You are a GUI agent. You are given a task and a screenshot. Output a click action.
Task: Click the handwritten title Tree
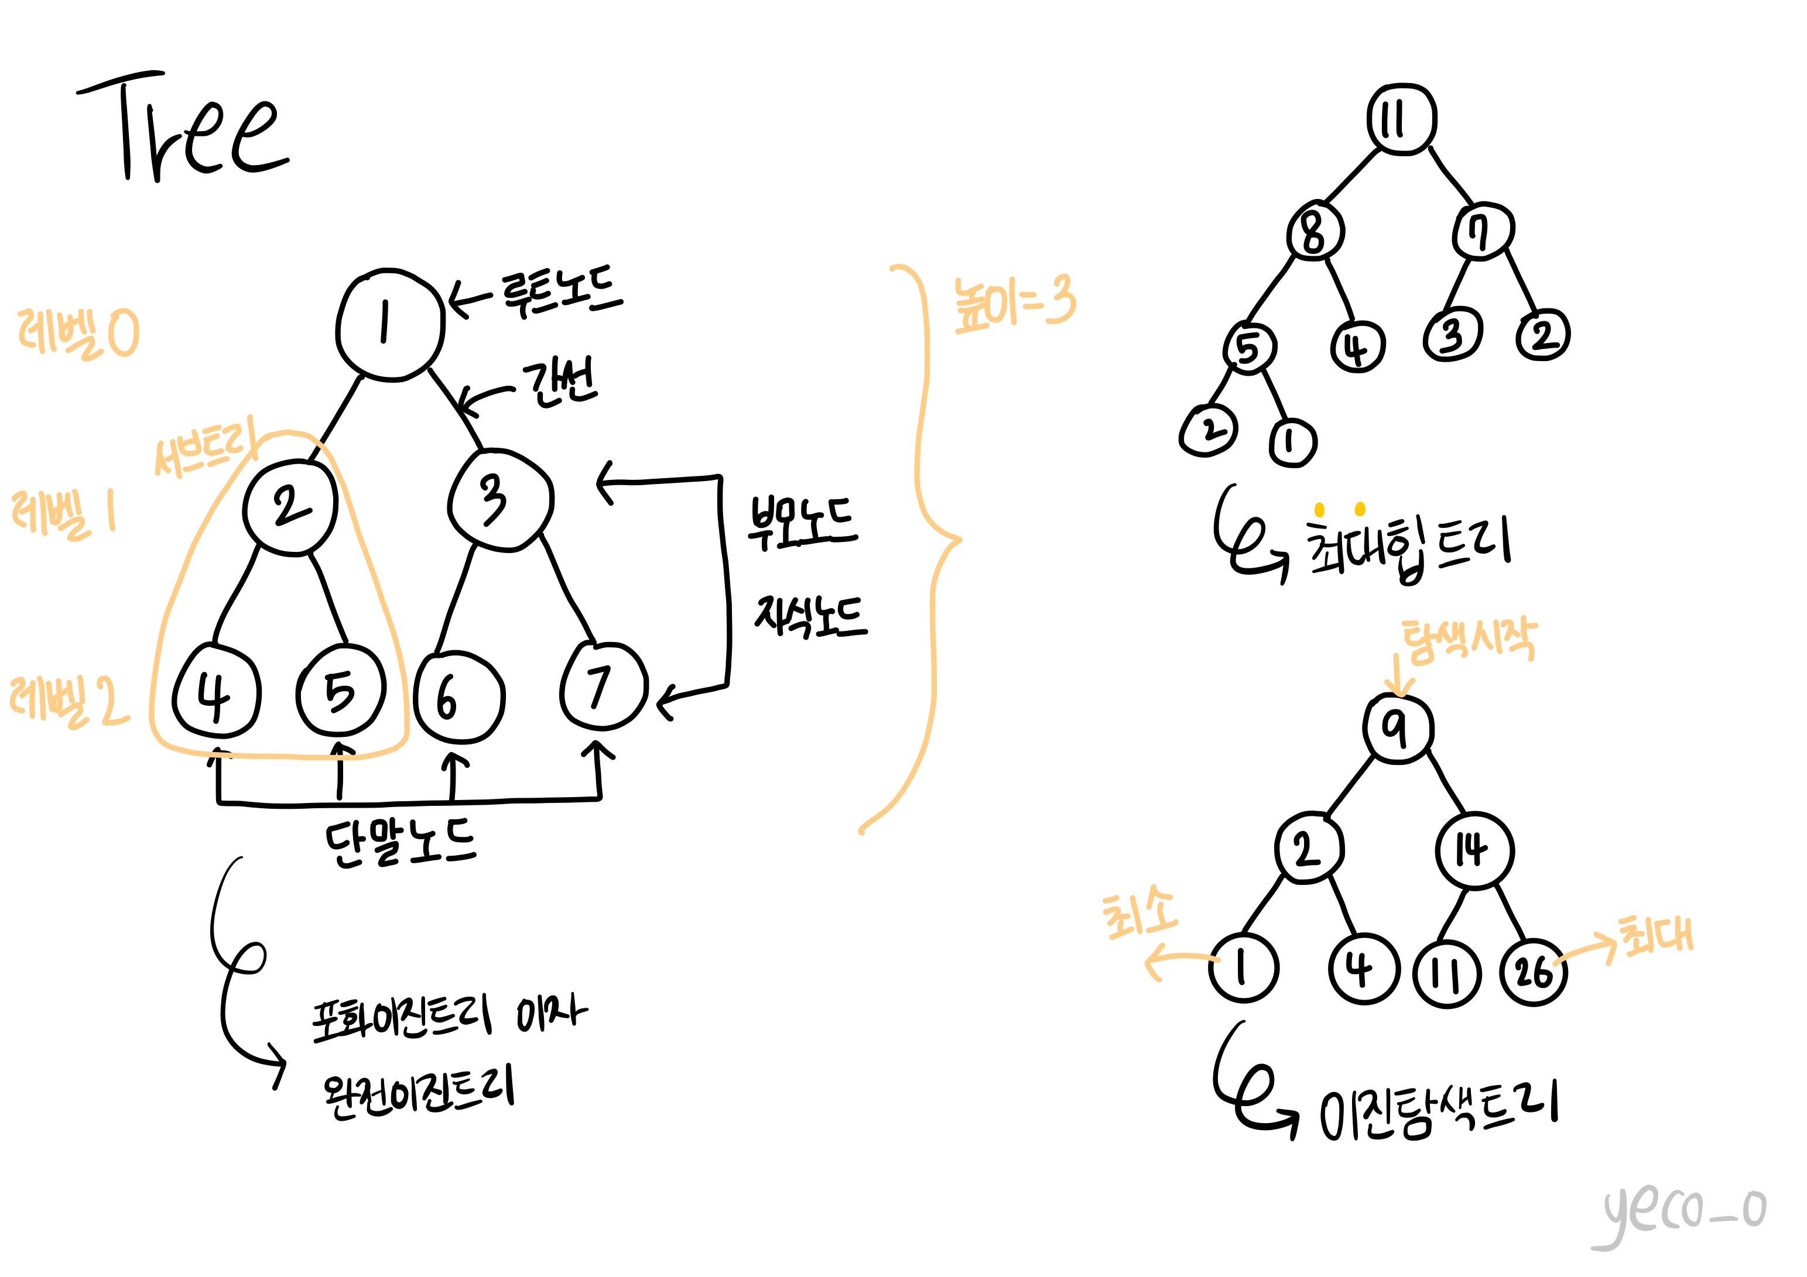185,126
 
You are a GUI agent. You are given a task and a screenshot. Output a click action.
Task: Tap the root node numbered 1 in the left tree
389,324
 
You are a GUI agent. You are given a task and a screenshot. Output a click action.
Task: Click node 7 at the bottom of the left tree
603,686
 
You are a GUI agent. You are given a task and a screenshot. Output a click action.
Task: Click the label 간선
560,383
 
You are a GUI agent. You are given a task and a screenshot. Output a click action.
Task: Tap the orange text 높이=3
1013,303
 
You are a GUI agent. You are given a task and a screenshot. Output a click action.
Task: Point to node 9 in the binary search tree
1397,729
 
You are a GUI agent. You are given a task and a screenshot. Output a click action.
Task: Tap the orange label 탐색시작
1468,639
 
